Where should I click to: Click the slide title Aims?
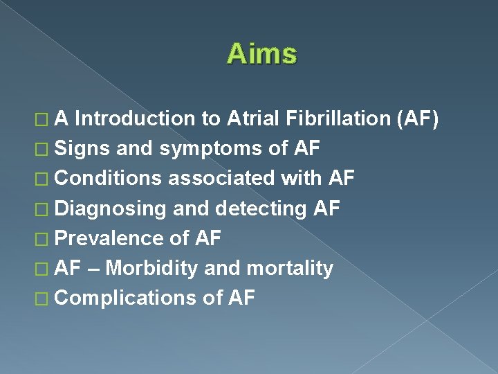tap(261, 53)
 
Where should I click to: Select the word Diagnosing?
tap(110, 209)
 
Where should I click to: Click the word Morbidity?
tap(152, 269)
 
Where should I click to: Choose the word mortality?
tap(290, 269)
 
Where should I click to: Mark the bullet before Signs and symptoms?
tap(46, 150)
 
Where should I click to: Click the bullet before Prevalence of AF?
tap(46, 239)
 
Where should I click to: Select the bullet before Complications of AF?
tap(46, 299)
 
